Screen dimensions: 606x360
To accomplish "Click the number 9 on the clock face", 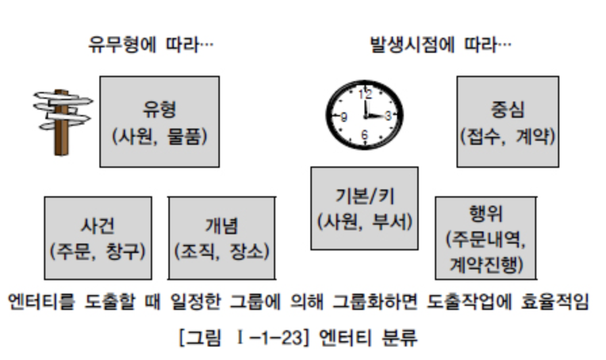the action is point(344,117).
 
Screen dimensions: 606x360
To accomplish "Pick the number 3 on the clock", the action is point(387,116).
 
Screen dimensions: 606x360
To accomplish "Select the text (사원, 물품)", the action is point(159,135).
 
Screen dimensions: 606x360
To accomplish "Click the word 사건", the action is point(97,225).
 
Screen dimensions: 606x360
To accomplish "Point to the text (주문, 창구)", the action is point(97,252).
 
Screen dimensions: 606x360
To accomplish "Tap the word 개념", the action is point(221,225).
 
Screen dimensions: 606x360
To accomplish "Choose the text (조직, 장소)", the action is point(221,252).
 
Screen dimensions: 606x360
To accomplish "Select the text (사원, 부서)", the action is point(365,221).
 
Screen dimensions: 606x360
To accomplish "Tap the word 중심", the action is point(507,109).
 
